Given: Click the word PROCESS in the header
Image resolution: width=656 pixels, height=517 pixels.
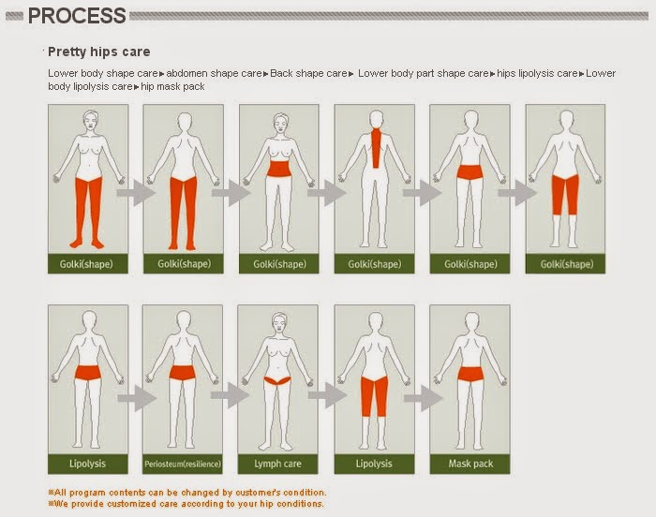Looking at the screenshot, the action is [x=77, y=16].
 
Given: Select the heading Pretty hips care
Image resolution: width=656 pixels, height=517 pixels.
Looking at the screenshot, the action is [x=98, y=52].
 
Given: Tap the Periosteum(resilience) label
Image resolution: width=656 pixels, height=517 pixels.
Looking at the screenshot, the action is [x=183, y=464].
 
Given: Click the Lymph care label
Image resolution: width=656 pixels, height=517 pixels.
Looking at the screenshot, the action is [x=277, y=464].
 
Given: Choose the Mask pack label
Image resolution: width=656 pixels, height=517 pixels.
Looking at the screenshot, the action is [x=470, y=464].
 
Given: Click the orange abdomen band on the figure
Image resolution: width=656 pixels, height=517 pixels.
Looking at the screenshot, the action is [x=279, y=169].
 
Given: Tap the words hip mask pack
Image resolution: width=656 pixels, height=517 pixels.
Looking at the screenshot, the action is [x=172, y=86].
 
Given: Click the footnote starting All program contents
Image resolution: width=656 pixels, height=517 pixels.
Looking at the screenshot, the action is [x=187, y=493].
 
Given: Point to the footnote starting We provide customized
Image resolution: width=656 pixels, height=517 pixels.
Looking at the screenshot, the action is [x=186, y=504].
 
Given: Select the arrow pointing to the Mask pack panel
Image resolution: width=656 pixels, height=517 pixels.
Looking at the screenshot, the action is [x=423, y=398].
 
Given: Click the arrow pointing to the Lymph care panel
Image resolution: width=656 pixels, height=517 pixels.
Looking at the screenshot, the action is [x=231, y=395].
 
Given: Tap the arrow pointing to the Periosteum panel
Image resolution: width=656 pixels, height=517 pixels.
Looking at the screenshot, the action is [x=137, y=398].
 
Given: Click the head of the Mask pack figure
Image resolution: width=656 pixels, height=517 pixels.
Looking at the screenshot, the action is [x=471, y=321].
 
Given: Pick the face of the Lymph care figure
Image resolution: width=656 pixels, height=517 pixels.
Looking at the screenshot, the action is [x=279, y=324].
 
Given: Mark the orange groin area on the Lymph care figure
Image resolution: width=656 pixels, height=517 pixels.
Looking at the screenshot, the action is [x=277, y=380].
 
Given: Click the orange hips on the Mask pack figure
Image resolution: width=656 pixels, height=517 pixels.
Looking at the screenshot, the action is [x=470, y=374].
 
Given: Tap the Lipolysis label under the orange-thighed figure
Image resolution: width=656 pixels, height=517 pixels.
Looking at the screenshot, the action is [x=374, y=464].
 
